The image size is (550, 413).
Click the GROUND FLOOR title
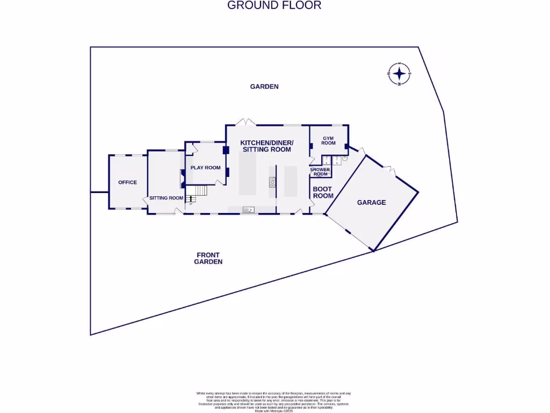pos(274,5)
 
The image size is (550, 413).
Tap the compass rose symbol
pos(400,74)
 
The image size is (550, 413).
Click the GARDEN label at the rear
pos(264,87)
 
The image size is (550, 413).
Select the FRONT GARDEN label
pos(208,258)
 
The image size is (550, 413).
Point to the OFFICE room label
pos(127,182)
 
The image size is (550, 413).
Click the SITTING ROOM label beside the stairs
pos(166,198)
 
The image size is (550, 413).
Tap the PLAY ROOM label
pos(205,168)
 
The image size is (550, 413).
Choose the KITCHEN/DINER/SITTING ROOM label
pos(266,146)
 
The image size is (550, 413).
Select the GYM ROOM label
pos(329,140)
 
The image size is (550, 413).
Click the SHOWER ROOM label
pos(320,172)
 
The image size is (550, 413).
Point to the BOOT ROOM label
pos(323,193)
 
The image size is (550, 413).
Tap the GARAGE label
pos(372,203)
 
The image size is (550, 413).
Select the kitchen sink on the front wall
pos(248,209)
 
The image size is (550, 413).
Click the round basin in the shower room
pos(344,159)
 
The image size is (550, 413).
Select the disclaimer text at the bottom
pos(274,401)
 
